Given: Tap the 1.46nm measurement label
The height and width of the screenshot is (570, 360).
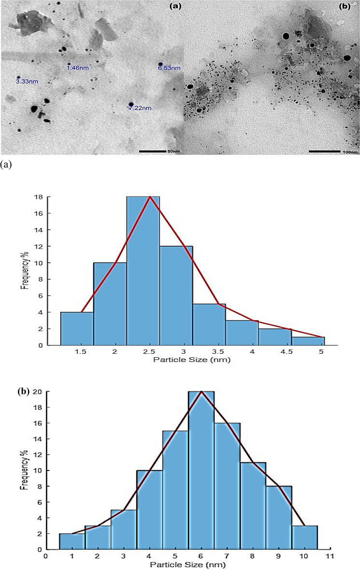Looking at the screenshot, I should pos(78,68).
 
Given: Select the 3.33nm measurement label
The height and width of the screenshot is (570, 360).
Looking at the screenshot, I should pos(27,82).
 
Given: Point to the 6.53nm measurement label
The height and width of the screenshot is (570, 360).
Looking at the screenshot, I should pos(169,68).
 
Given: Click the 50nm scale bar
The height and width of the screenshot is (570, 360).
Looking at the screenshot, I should pos(153,151).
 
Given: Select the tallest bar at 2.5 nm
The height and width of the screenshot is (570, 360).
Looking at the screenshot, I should pos(143,270).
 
